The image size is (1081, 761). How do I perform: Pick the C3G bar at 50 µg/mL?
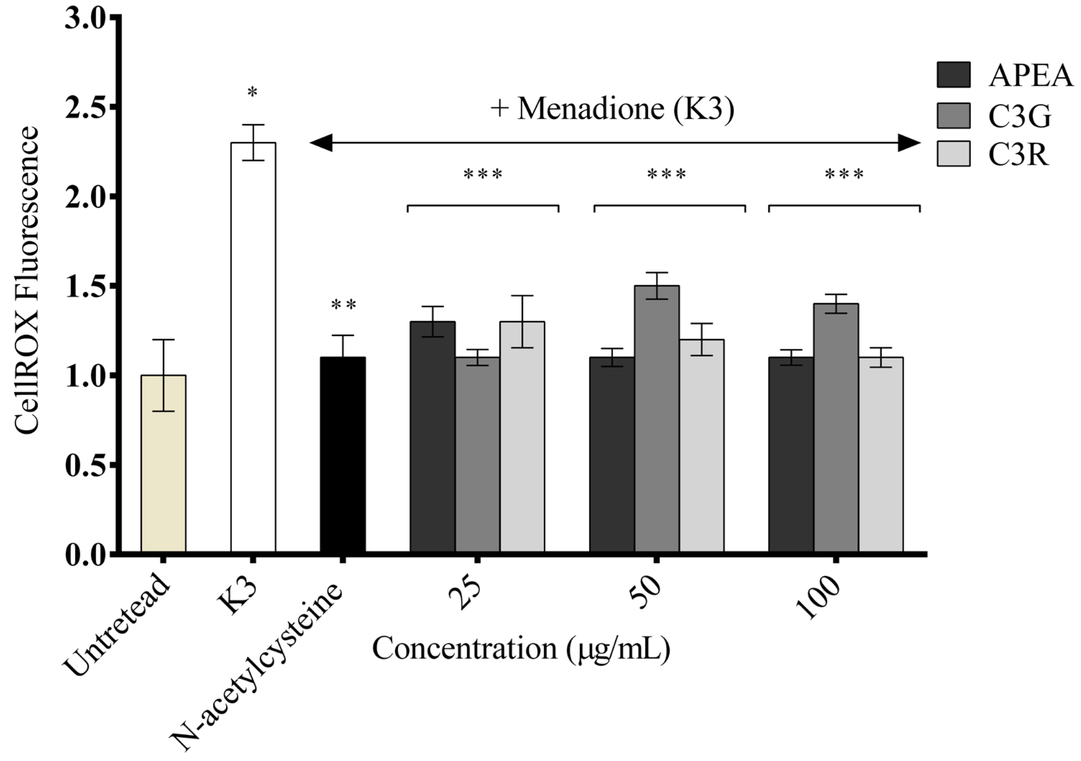(x=657, y=419)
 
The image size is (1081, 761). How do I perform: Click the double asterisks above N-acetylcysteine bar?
(x=343, y=306)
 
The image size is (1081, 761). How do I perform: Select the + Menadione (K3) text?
(x=612, y=109)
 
